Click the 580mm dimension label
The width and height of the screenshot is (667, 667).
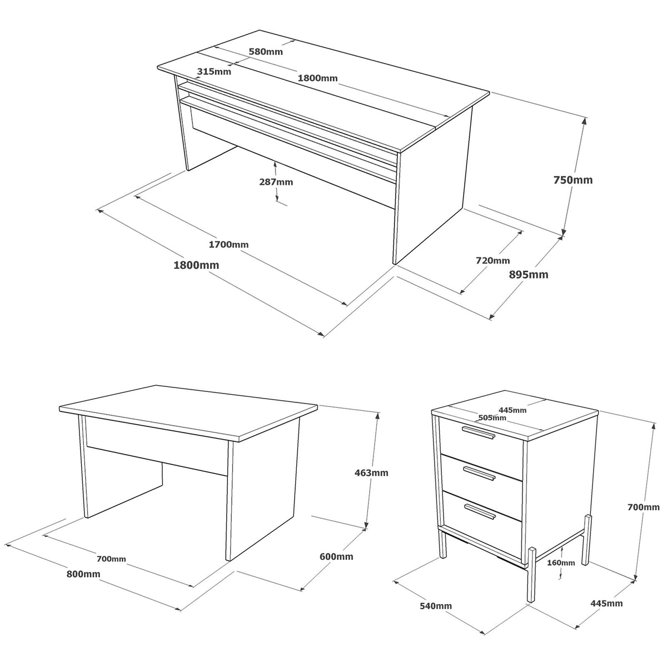266,52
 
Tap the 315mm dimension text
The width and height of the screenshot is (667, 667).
214,72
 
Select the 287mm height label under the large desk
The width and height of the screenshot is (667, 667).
276,182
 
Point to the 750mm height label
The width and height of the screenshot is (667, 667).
573,180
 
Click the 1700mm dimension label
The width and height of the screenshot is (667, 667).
228,245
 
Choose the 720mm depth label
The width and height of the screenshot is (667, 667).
493,260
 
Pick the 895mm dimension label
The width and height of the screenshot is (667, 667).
529,275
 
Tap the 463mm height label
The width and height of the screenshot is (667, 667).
371,472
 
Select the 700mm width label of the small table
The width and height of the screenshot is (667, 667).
111,559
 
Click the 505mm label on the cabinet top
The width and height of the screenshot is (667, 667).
492,418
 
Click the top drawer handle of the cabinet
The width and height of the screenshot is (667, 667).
479,432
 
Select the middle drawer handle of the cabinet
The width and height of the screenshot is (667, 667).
479,473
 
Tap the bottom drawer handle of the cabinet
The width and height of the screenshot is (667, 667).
480,511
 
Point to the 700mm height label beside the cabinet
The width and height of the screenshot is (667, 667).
644,507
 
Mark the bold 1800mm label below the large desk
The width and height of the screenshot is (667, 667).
196,265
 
